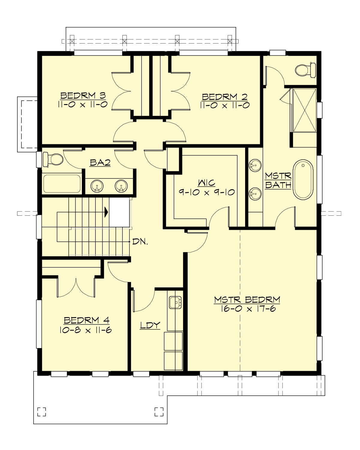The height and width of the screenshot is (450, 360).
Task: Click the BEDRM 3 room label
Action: pos(83,96)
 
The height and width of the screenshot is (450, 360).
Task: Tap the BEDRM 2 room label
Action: pos(225,97)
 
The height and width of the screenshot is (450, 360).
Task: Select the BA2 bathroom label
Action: pos(100,163)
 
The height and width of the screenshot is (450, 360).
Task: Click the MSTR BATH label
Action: pos(278,180)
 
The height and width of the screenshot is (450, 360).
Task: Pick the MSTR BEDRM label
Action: pos(247,300)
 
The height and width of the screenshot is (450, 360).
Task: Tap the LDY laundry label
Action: pos(150,325)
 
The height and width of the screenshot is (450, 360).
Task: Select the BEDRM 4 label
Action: pos(86,320)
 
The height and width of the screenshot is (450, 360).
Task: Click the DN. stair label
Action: pos(140,242)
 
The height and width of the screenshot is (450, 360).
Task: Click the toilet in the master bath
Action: pos(305,70)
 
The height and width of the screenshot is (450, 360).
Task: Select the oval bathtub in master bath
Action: pos(303,179)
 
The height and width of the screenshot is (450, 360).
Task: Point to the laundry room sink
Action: pos(175,302)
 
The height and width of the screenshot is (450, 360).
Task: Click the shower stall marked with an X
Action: pos(304,110)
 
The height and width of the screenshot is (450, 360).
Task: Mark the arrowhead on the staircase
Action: pos(106,212)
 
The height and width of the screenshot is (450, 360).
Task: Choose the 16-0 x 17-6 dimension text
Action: pos(248,309)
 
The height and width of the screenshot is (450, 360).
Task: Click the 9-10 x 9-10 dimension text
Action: pos(207,192)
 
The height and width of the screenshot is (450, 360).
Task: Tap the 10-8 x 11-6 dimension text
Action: pos(85,330)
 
